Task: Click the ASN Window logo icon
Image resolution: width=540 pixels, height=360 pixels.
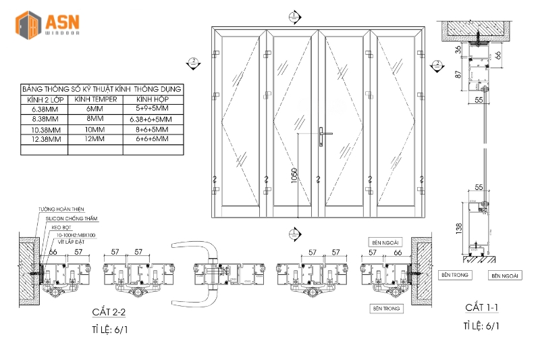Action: tap(30, 23)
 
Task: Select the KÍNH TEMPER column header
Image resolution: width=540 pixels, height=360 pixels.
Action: tap(95, 99)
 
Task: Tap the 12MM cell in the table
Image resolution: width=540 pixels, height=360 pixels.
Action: tap(94, 139)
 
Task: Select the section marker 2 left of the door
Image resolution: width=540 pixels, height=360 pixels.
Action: tap(193, 63)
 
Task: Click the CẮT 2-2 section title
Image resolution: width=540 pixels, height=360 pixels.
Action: tap(109, 312)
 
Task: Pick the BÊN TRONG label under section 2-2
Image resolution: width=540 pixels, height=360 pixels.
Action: tap(385, 308)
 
